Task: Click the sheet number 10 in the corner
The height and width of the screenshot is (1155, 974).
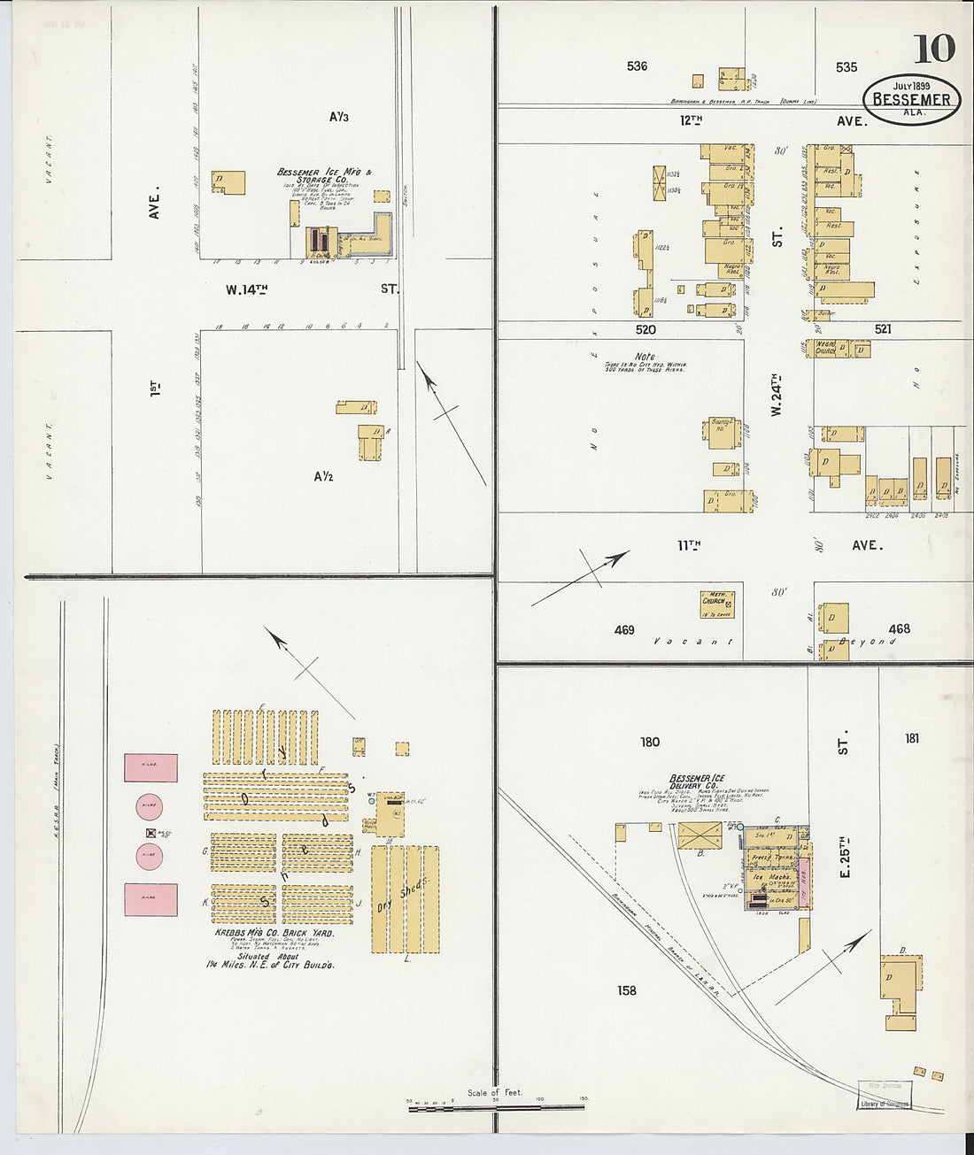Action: tap(933, 49)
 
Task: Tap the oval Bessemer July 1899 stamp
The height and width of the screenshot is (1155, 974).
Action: tap(911, 98)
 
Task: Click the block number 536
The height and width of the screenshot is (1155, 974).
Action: tap(637, 66)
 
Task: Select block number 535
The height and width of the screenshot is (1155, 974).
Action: tap(846, 67)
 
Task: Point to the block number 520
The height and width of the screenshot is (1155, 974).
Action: tap(645, 329)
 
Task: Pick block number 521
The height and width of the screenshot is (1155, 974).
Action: tap(882, 329)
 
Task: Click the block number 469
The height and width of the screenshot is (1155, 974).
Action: tap(624, 630)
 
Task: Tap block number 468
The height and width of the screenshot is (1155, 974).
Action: tap(899, 629)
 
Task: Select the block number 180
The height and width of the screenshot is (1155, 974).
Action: tap(650, 742)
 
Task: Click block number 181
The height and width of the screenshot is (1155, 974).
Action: tap(912, 738)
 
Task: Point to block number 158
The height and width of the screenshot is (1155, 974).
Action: tap(627, 990)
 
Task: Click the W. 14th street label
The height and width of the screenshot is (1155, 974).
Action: tap(246, 289)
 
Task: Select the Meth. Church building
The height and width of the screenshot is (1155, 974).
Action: tap(716, 603)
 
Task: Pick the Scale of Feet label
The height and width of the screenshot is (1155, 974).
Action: tap(495, 1093)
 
